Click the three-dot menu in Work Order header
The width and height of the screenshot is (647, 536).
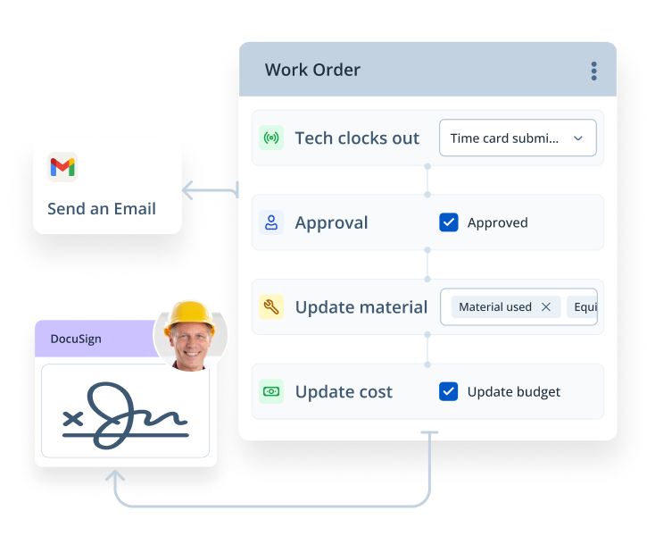pyautogui.click(x=593, y=71)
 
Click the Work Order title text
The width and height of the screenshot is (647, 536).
pyautogui.click(x=312, y=71)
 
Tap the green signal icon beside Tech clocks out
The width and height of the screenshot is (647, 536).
pyautogui.click(x=271, y=138)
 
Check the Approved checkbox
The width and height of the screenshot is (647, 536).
pyautogui.click(x=449, y=222)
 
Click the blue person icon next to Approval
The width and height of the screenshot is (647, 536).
pyautogui.click(x=271, y=222)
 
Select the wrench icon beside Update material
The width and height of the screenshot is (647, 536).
pyautogui.click(x=271, y=307)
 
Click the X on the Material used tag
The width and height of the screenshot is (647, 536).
pyautogui.click(x=546, y=307)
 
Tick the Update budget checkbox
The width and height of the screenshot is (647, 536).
pyautogui.click(x=449, y=391)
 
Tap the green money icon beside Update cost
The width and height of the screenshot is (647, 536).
pyautogui.click(x=271, y=391)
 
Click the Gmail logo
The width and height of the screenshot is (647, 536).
pyautogui.click(x=62, y=167)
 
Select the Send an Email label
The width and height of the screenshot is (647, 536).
pyautogui.click(x=102, y=209)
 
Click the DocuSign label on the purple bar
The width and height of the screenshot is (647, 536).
pyautogui.click(x=76, y=339)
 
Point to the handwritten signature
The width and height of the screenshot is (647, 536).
pyautogui.click(x=125, y=415)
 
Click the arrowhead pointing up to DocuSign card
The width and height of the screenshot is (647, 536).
pyautogui.click(x=115, y=477)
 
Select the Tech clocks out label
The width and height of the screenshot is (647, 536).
pyautogui.click(x=357, y=138)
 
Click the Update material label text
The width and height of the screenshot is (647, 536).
pyautogui.click(x=361, y=307)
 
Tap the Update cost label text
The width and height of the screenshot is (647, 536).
pyautogui.click(x=344, y=391)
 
